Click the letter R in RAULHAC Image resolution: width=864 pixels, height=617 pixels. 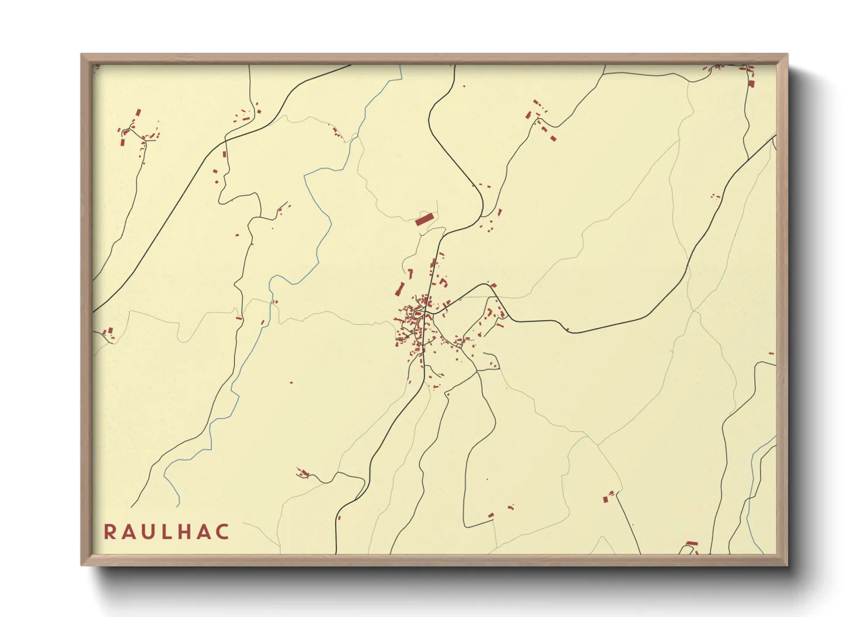tap(109, 532)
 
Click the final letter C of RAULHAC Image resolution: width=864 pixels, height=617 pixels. tap(222, 532)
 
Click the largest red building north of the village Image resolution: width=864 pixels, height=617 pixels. tap(424, 219)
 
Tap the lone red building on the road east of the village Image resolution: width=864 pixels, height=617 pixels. tap(567, 329)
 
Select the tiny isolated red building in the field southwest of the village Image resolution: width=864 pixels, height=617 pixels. tap(291, 383)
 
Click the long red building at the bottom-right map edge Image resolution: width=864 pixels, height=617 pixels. tap(692, 543)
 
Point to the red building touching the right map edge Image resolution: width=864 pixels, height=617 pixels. tap(771, 354)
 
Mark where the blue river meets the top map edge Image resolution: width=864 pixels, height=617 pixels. tap(402, 66)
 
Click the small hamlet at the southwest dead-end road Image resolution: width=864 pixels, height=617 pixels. tap(302, 472)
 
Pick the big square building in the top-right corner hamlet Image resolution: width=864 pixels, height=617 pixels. tap(751, 84)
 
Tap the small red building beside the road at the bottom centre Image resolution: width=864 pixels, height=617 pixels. tap(339, 517)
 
